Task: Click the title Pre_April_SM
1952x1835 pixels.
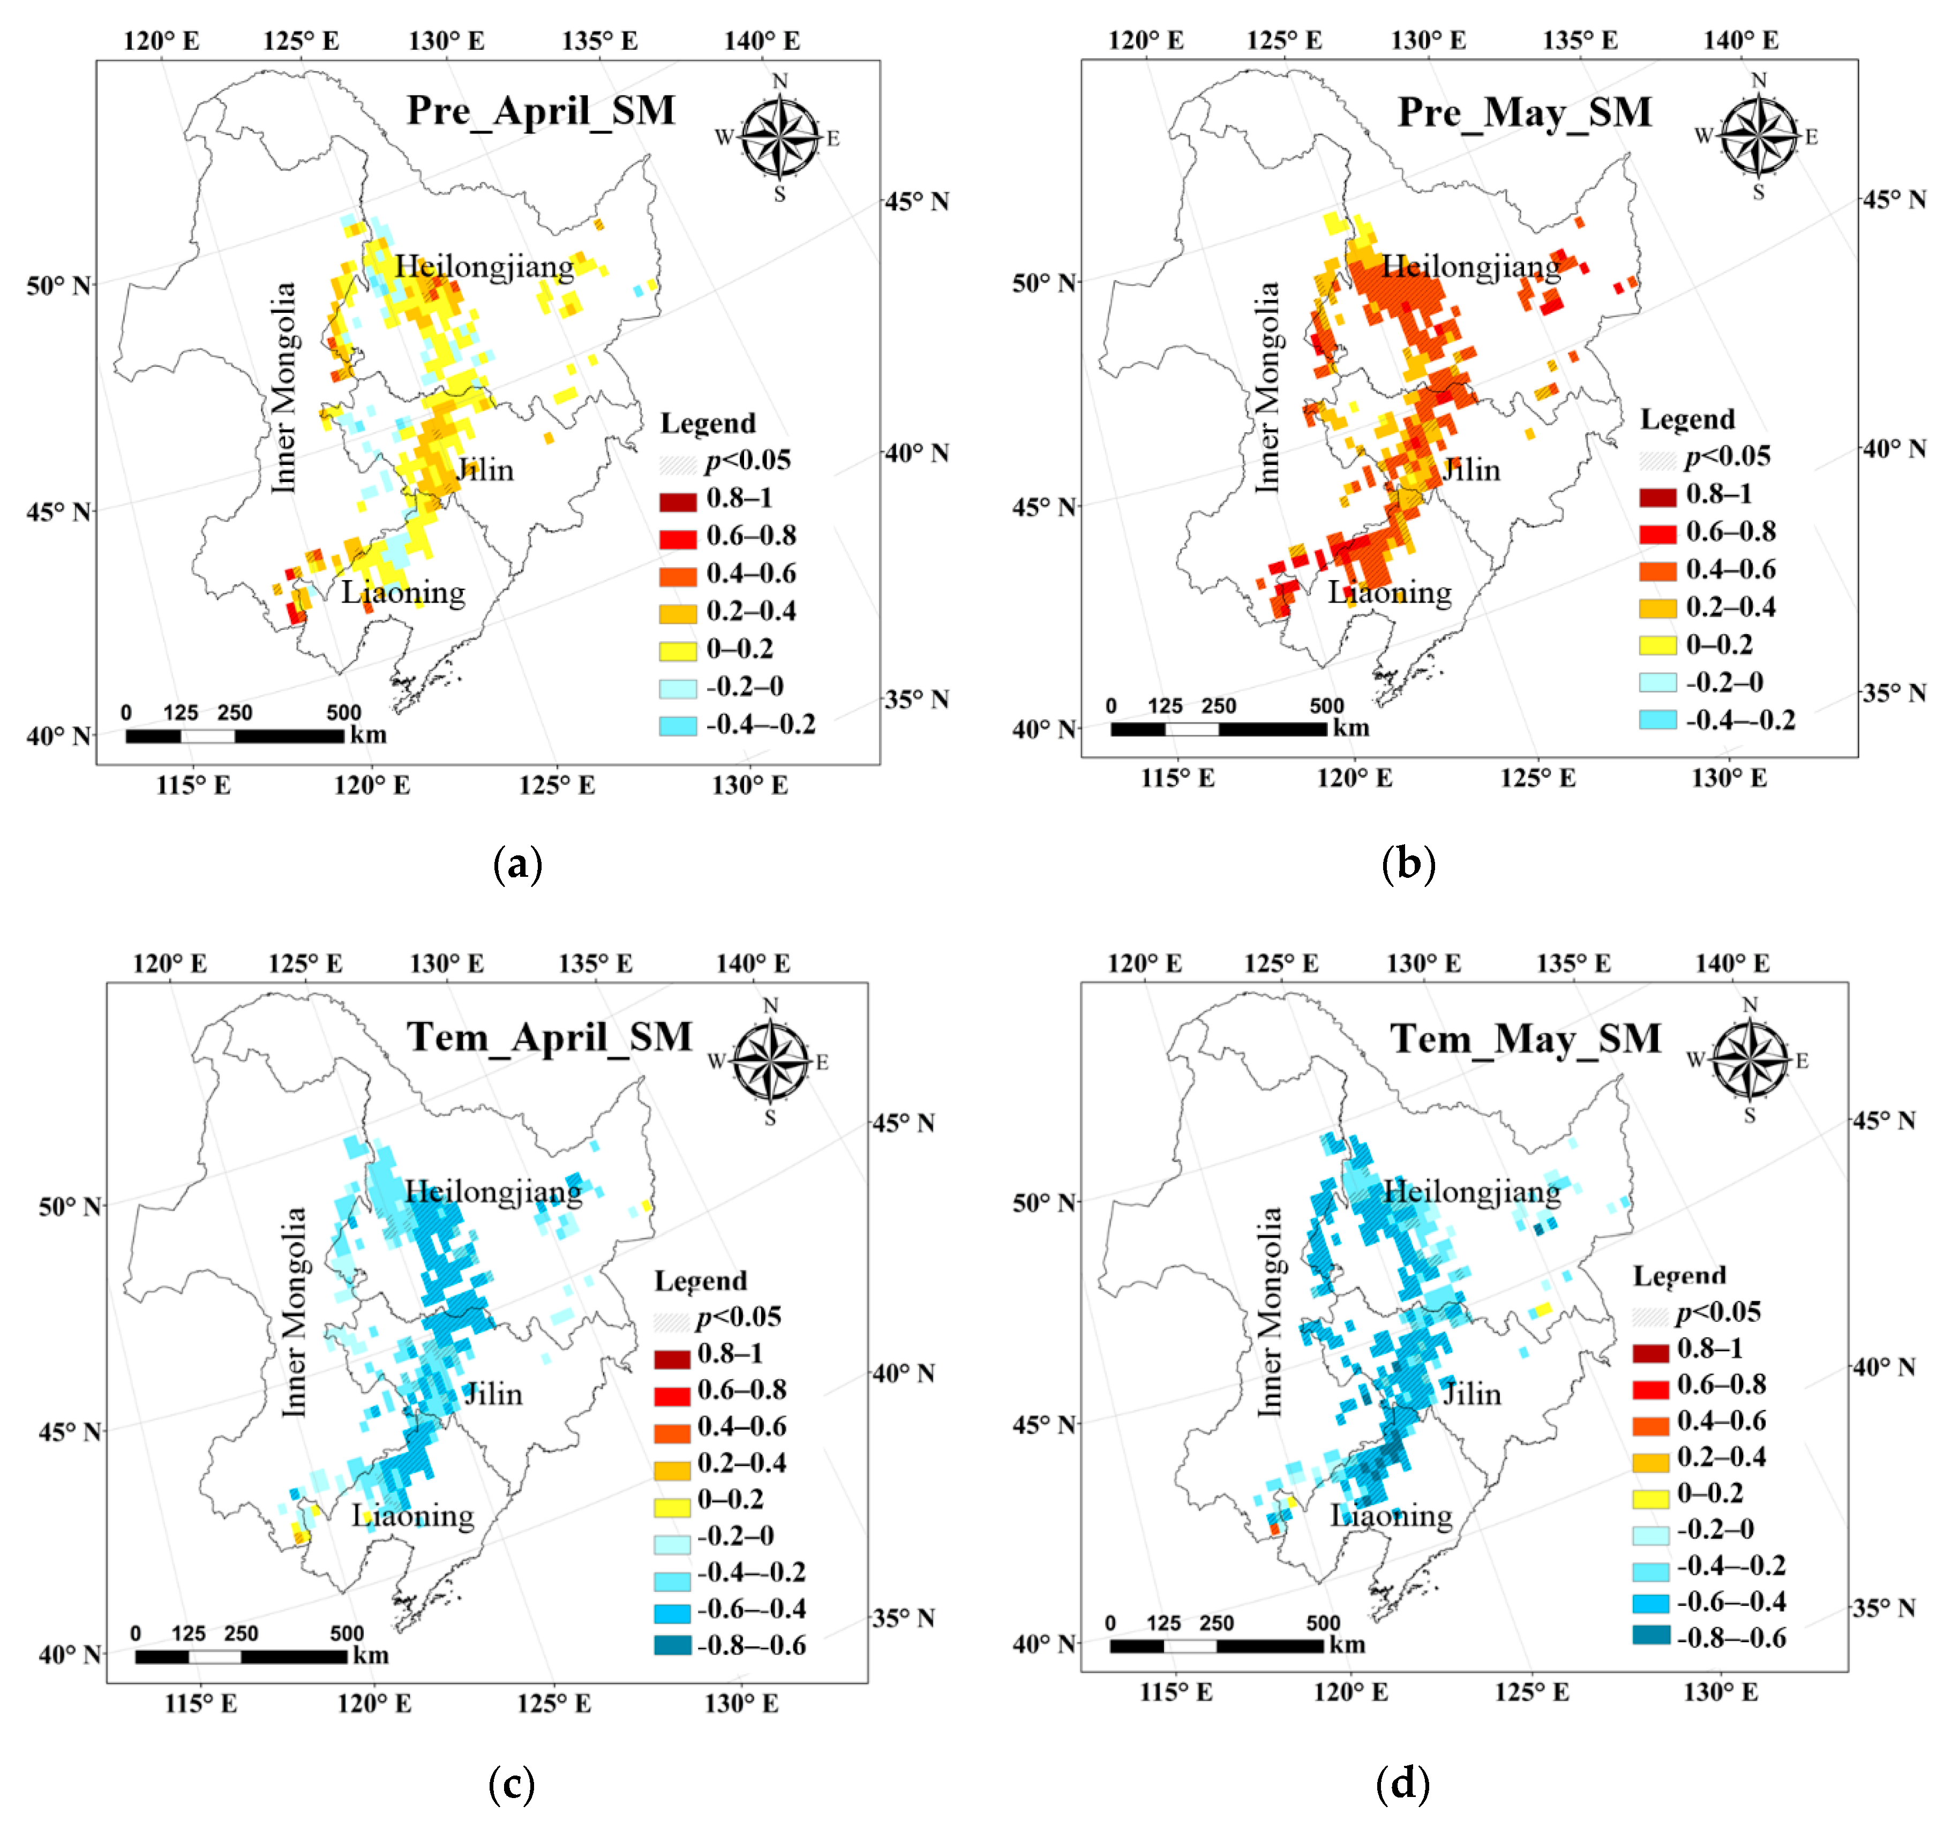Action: pos(541,110)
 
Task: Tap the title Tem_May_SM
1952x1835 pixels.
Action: pos(1525,1038)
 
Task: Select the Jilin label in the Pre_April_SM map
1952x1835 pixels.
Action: pos(485,469)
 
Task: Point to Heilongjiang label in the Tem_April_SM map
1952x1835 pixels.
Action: pos(493,1191)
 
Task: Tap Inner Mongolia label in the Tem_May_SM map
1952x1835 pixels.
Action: pos(1270,1312)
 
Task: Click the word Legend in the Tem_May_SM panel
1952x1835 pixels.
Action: pos(1679,1275)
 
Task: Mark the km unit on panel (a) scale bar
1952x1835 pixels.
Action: pos(368,734)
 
